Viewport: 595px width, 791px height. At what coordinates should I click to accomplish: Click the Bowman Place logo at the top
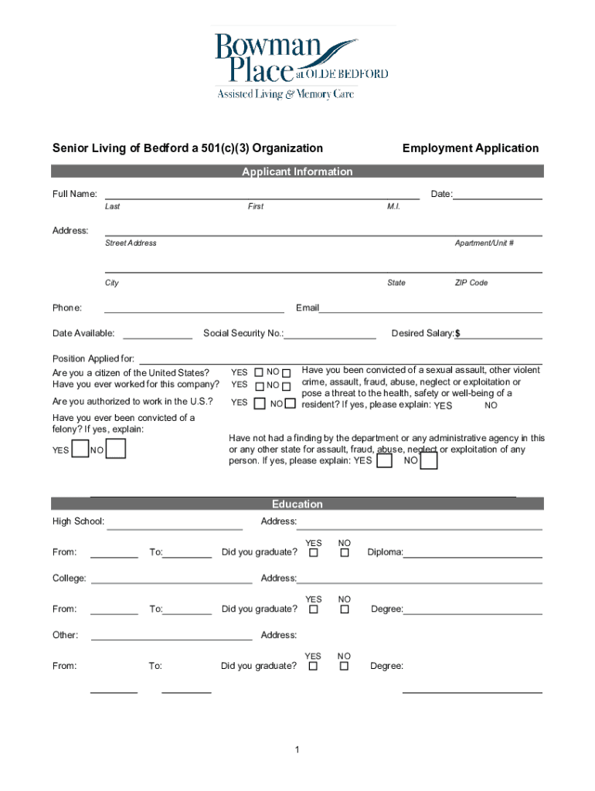(301, 63)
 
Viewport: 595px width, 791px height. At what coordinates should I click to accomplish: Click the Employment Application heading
(470, 148)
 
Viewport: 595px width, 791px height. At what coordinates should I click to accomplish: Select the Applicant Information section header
(297, 171)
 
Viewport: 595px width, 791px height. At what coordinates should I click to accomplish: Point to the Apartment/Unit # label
(484, 243)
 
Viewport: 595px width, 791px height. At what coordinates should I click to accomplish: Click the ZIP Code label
(471, 283)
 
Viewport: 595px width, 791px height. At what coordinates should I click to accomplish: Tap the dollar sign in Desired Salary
(457, 334)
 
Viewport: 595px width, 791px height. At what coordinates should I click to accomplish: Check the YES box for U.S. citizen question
(259, 372)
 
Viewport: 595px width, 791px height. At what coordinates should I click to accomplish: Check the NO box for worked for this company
(286, 385)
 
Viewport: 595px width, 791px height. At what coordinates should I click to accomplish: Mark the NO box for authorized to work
(291, 402)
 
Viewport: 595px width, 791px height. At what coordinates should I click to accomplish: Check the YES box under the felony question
(79, 450)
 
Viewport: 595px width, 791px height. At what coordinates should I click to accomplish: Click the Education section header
(297, 504)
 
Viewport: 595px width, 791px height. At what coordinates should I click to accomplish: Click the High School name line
(175, 526)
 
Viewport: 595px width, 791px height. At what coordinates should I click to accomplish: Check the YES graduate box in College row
(314, 609)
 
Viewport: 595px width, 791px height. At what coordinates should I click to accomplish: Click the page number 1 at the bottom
(297, 749)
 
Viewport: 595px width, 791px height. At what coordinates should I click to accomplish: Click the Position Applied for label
(93, 359)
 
